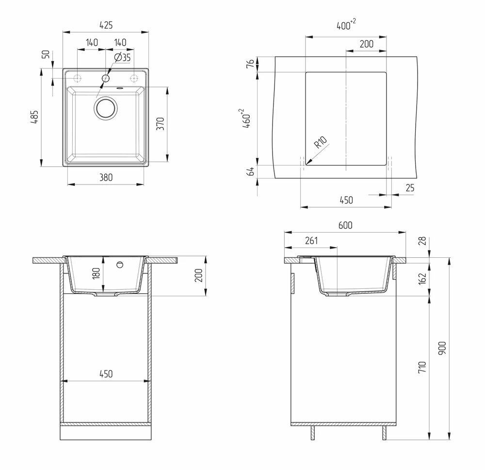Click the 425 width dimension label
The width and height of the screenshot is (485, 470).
tap(106, 25)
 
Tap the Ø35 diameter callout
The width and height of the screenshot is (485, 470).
tap(122, 57)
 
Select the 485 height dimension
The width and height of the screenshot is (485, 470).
tap(34, 117)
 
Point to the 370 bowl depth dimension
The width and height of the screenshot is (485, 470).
tap(160, 123)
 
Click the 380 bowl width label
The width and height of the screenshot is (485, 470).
tap(106, 177)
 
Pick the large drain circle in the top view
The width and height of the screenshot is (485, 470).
tap(105, 107)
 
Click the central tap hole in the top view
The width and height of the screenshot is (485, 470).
tap(105, 78)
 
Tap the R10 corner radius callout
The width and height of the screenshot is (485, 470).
tap(320, 142)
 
